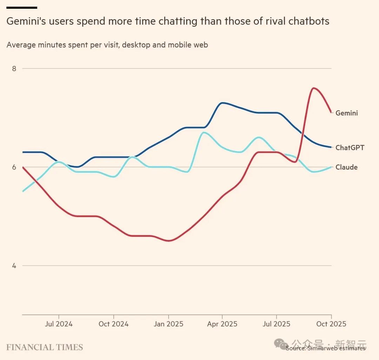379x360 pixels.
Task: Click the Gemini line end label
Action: point(347,113)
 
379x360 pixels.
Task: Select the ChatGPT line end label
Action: point(350,148)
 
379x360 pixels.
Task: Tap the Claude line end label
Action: point(346,167)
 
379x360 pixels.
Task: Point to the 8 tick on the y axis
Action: point(14,68)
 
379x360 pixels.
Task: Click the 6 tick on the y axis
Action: point(14,167)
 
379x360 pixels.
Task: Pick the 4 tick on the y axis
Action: point(14,266)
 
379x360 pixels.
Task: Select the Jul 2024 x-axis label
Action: point(59,324)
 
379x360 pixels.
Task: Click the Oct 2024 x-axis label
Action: point(113,324)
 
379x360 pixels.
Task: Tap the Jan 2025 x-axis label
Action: point(168,324)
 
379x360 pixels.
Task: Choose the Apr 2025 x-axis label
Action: point(222,324)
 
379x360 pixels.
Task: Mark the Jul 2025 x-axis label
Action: point(276,324)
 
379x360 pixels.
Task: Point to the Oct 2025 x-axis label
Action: point(331,324)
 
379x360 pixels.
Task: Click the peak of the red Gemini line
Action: point(313,88)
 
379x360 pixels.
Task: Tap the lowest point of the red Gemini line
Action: point(169,241)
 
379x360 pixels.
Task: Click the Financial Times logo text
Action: point(45,347)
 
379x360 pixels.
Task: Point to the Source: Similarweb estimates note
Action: point(325,348)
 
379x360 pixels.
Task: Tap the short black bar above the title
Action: point(22,7)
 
